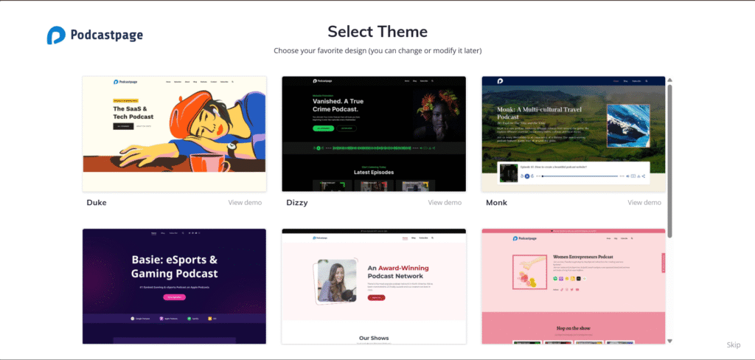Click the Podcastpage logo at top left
[x=94, y=35]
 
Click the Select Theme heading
[x=377, y=32]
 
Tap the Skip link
[x=733, y=345]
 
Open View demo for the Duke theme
[x=245, y=202]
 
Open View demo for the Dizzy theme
[x=445, y=202]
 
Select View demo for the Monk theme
[x=644, y=202]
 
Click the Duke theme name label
[x=97, y=202]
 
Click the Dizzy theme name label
[x=296, y=202]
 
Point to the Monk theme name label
[x=496, y=202]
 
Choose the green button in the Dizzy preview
[x=322, y=128]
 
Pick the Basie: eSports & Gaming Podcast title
[x=174, y=266]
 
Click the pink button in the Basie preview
[x=175, y=297]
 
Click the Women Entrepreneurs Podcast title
[x=583, y=257]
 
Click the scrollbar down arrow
[x=669, y=341]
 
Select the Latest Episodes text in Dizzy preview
[x=374, y=172]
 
